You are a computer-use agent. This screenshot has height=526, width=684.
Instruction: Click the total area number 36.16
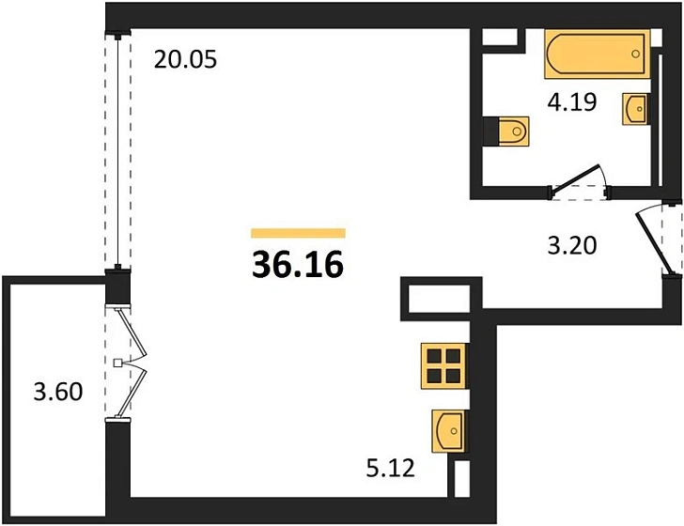tap(298, 265)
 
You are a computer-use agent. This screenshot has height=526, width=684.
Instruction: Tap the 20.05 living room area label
tap(185, 59)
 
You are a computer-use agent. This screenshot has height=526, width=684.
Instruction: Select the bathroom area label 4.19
tap(572, 102)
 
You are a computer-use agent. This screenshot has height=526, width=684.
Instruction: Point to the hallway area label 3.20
tap(572, 245)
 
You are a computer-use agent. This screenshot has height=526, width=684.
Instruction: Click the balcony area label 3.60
tap(58, 392)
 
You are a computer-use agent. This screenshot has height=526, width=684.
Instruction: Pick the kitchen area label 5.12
tap(390, 469)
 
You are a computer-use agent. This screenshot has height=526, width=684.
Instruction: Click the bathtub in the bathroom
tap(598, 54)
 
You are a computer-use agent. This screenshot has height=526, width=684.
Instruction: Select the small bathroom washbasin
tap(635, 109)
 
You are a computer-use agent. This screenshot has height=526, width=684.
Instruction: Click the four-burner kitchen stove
tap(444, 366)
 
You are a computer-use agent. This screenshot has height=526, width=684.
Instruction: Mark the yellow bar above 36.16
tap(299, 233)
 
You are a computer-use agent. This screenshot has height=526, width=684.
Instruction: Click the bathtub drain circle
tap(635, 54)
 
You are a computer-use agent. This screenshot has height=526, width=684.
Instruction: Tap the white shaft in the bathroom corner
tap(500, 37)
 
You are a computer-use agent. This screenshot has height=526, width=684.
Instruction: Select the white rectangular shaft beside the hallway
tap(439, 299)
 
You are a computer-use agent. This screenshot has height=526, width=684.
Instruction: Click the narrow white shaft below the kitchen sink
tap(461, 478)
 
